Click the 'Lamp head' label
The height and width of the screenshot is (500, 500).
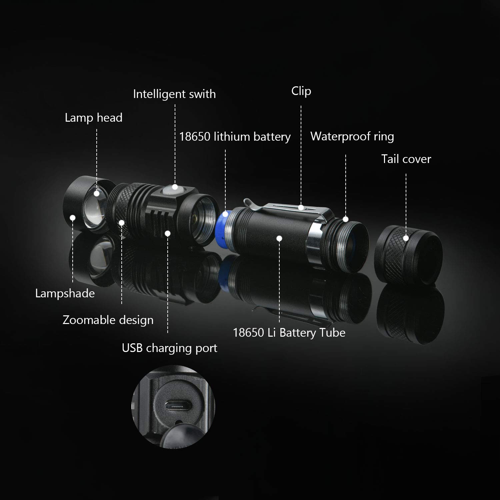[x=94, y=118]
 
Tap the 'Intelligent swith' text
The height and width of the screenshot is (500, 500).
[x=174, y=94]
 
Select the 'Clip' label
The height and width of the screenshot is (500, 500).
[x=301, y=91]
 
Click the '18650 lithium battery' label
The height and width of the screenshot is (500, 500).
[x=235, y=137]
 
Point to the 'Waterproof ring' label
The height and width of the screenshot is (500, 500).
[x=352, y=136]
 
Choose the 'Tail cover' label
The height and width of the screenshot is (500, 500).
[x=406, y=159]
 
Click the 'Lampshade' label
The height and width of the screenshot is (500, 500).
[x=65, y=293]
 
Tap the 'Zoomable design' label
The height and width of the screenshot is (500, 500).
[x=108, y=320]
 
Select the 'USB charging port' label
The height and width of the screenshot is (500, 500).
[x=169, y=348]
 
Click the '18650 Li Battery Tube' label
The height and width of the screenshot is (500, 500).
[x=289, y=333]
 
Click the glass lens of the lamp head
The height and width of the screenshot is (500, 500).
[x=95, y=212]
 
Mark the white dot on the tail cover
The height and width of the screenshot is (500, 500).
[x=406, y=238]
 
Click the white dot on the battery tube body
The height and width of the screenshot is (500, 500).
[x=279, y=238]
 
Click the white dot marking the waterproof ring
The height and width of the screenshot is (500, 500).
[x=346, y=219]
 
